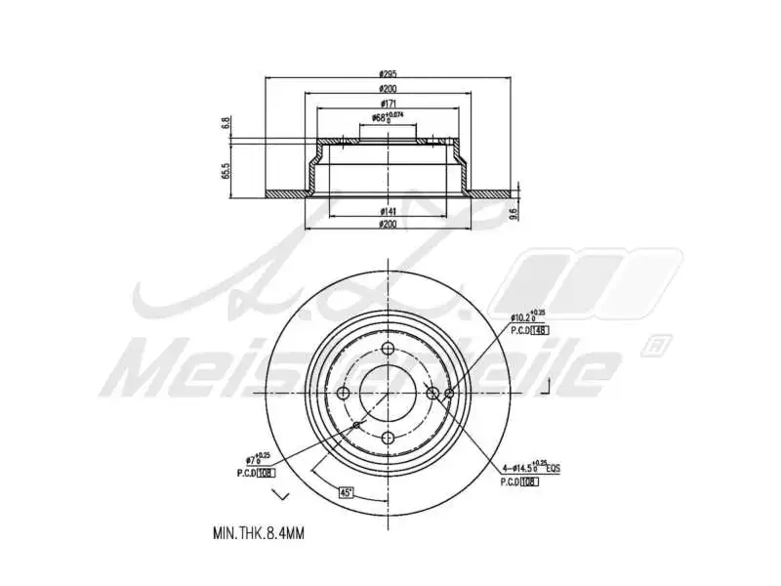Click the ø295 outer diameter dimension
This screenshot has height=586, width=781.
[x=389, y=74]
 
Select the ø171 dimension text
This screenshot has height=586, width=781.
[x=388, y=103]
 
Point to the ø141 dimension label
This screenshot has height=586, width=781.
[x=388, y=212]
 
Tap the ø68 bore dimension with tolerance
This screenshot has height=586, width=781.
[x=388, y=118]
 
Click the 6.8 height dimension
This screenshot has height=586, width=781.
[x=226, y=123]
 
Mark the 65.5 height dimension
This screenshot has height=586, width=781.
[x=226, y=171]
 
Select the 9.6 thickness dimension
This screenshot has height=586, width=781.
[x=514, y=213]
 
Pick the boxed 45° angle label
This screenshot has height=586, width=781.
[x=345, y=492]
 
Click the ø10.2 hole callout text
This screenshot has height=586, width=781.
[x=526, y=315]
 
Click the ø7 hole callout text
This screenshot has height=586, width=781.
[x=258, y=458]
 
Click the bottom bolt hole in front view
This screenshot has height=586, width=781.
[x=388, y=437]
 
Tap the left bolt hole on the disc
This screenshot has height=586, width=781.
[x=344, y=393]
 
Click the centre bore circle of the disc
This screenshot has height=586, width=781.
[x=388, y=393]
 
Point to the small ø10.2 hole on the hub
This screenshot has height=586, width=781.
[x=449, y=393]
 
